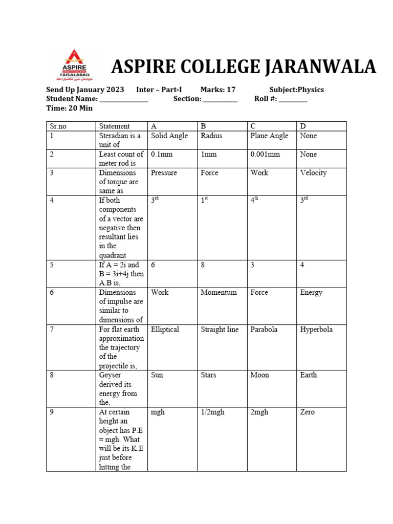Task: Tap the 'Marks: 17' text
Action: coord(218,90)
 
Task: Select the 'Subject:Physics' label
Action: coord(297,90)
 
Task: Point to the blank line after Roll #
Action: coord(293,99)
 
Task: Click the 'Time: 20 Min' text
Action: coord(70,108)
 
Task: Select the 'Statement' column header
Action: coord(115,126)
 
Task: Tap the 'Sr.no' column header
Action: coord(59,126)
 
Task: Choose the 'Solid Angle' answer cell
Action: coord(169,136)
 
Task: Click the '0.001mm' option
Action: coord(265,154)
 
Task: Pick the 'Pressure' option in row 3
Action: coord(164,172)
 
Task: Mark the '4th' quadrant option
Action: coord(255,201)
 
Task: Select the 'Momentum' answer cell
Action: coord(219,292)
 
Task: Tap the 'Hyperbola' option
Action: coord(316,330)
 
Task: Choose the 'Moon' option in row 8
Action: coord(259,375)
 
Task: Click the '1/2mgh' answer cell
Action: coord(212,412)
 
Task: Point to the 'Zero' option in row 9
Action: coord(308,412)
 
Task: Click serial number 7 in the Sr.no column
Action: coord(52,330)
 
